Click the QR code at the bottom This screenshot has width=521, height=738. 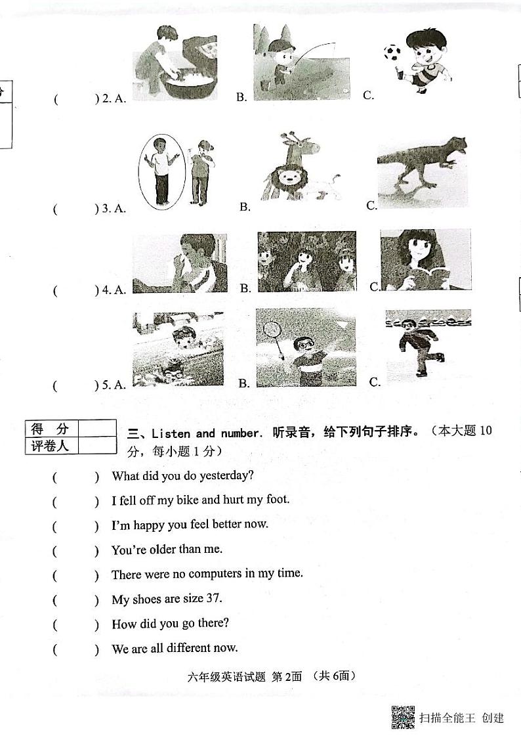[x=402, y=717]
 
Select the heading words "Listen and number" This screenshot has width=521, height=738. [x=207, y=433]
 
